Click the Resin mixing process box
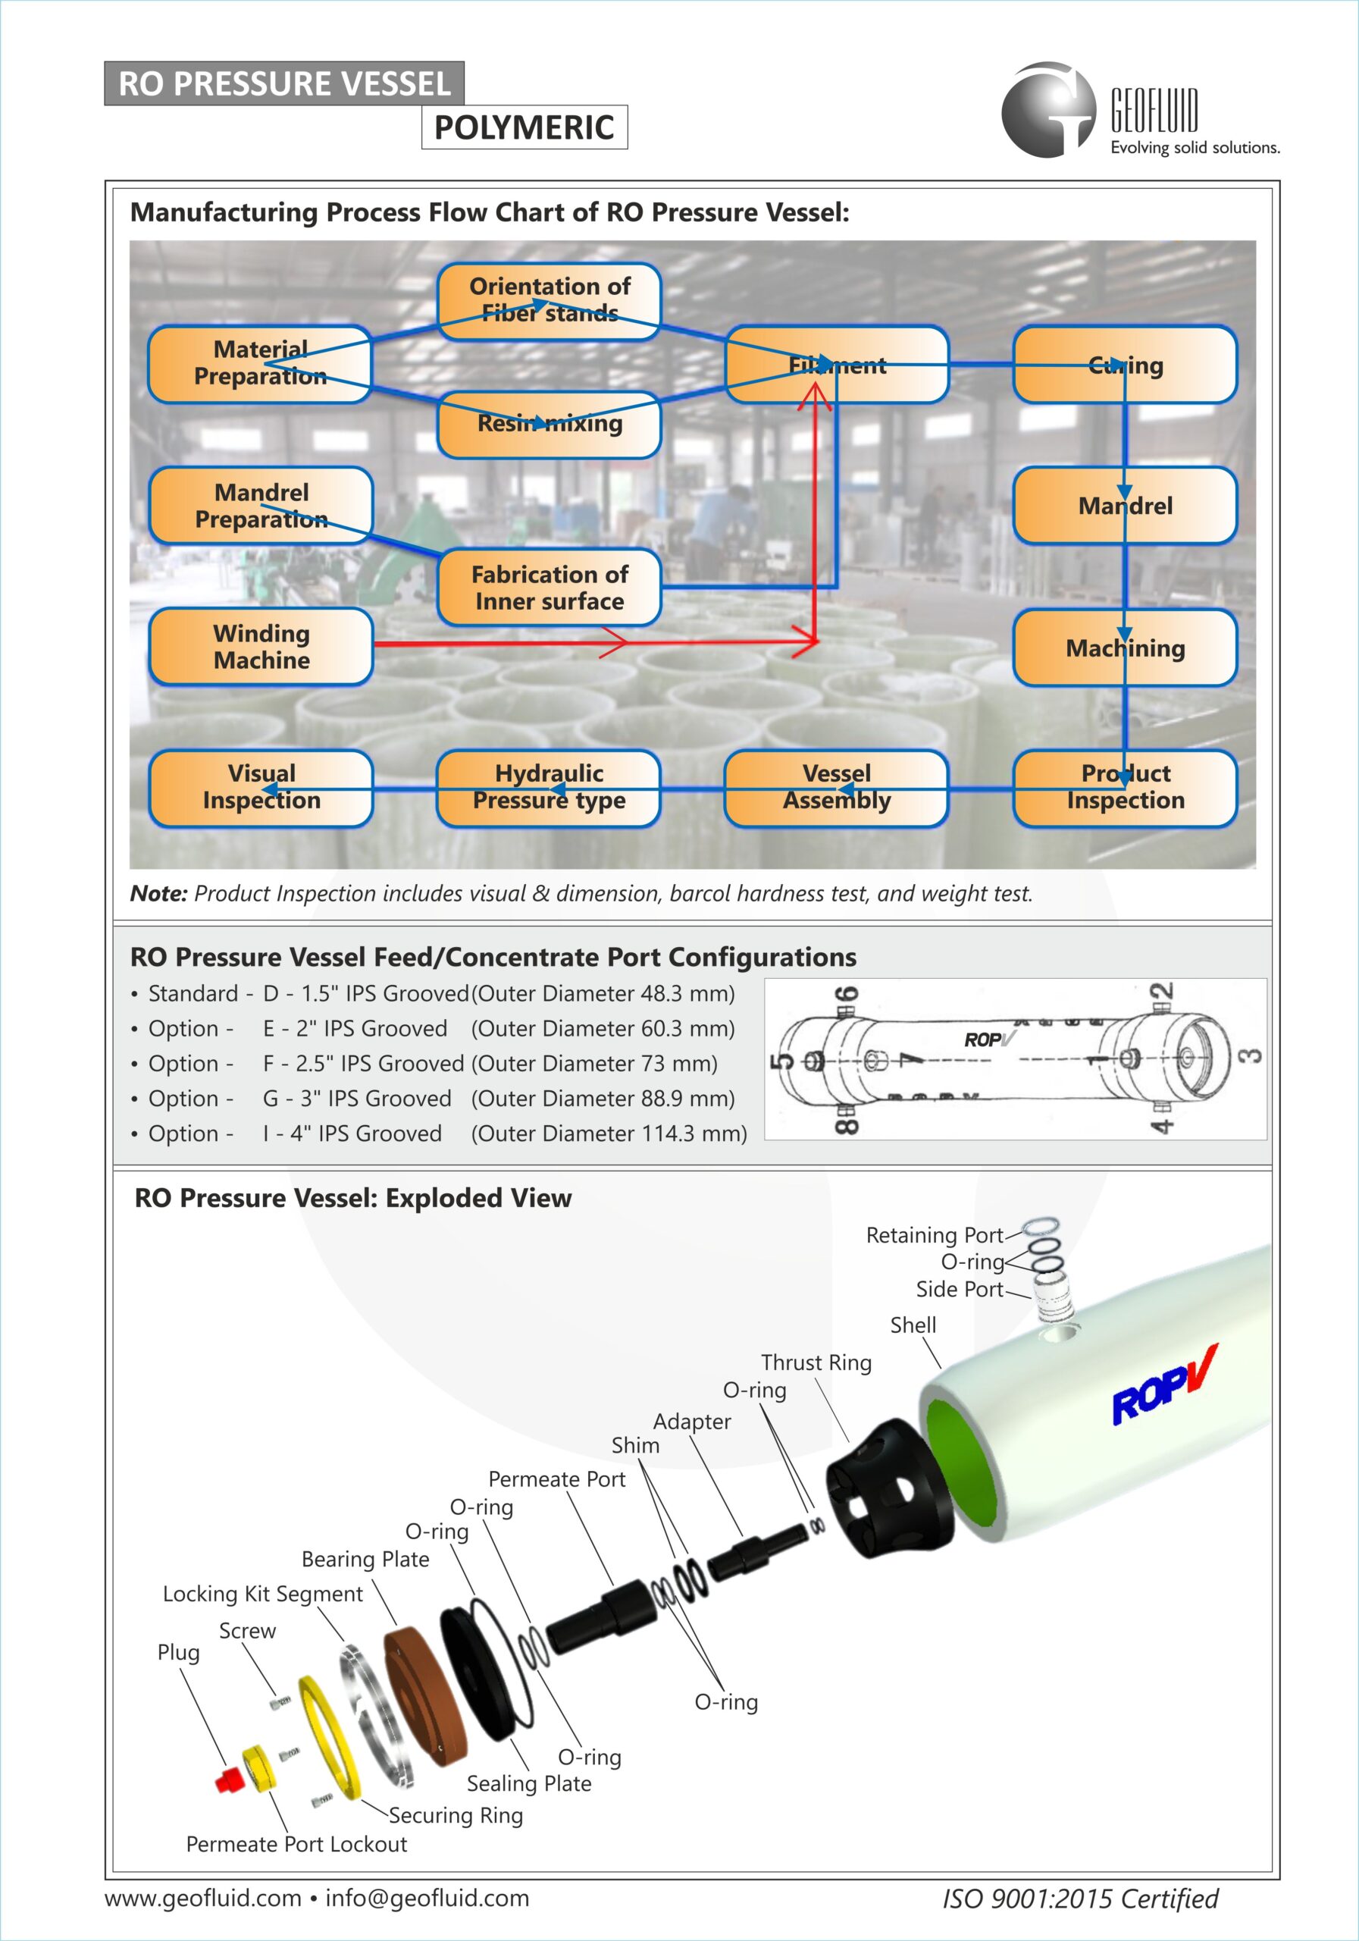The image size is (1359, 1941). coord(549,424)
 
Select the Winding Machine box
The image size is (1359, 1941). coord(261,647)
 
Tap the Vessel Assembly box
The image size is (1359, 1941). coord(836,787)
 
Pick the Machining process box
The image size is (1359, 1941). coord(1125,648)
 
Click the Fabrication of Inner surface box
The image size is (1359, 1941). coord(549,588)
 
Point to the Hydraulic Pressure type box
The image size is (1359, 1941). coord(549,787)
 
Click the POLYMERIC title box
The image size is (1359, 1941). coord(524,127)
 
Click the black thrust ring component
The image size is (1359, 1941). coord(888,1488)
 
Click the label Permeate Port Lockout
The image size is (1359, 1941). coord(296,1844)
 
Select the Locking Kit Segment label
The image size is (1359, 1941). coord(262,1594)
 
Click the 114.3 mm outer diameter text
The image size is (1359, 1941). coord(609,1133)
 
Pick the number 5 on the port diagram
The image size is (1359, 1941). coord(785,1059)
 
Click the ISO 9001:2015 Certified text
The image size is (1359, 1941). coord(1080,1899)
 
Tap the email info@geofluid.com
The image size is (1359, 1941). coord(427,1898)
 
